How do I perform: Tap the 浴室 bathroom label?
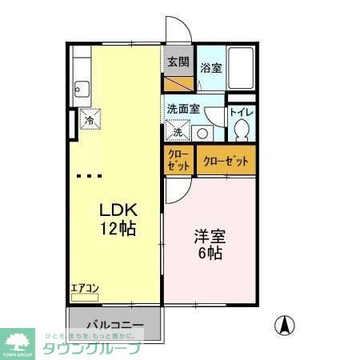tap(211, 69)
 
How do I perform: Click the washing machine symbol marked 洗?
tap(178, 130)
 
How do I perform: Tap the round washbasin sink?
tap(202, 134)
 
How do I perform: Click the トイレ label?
tap(240, 113)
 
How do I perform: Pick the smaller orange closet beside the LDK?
tap(178, 160)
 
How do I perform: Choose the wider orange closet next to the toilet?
tap(226, 161)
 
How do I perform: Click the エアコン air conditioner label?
tap(84, 288)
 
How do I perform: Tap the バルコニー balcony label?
tap(114, 326)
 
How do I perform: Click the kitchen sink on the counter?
tap(82, 87)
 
